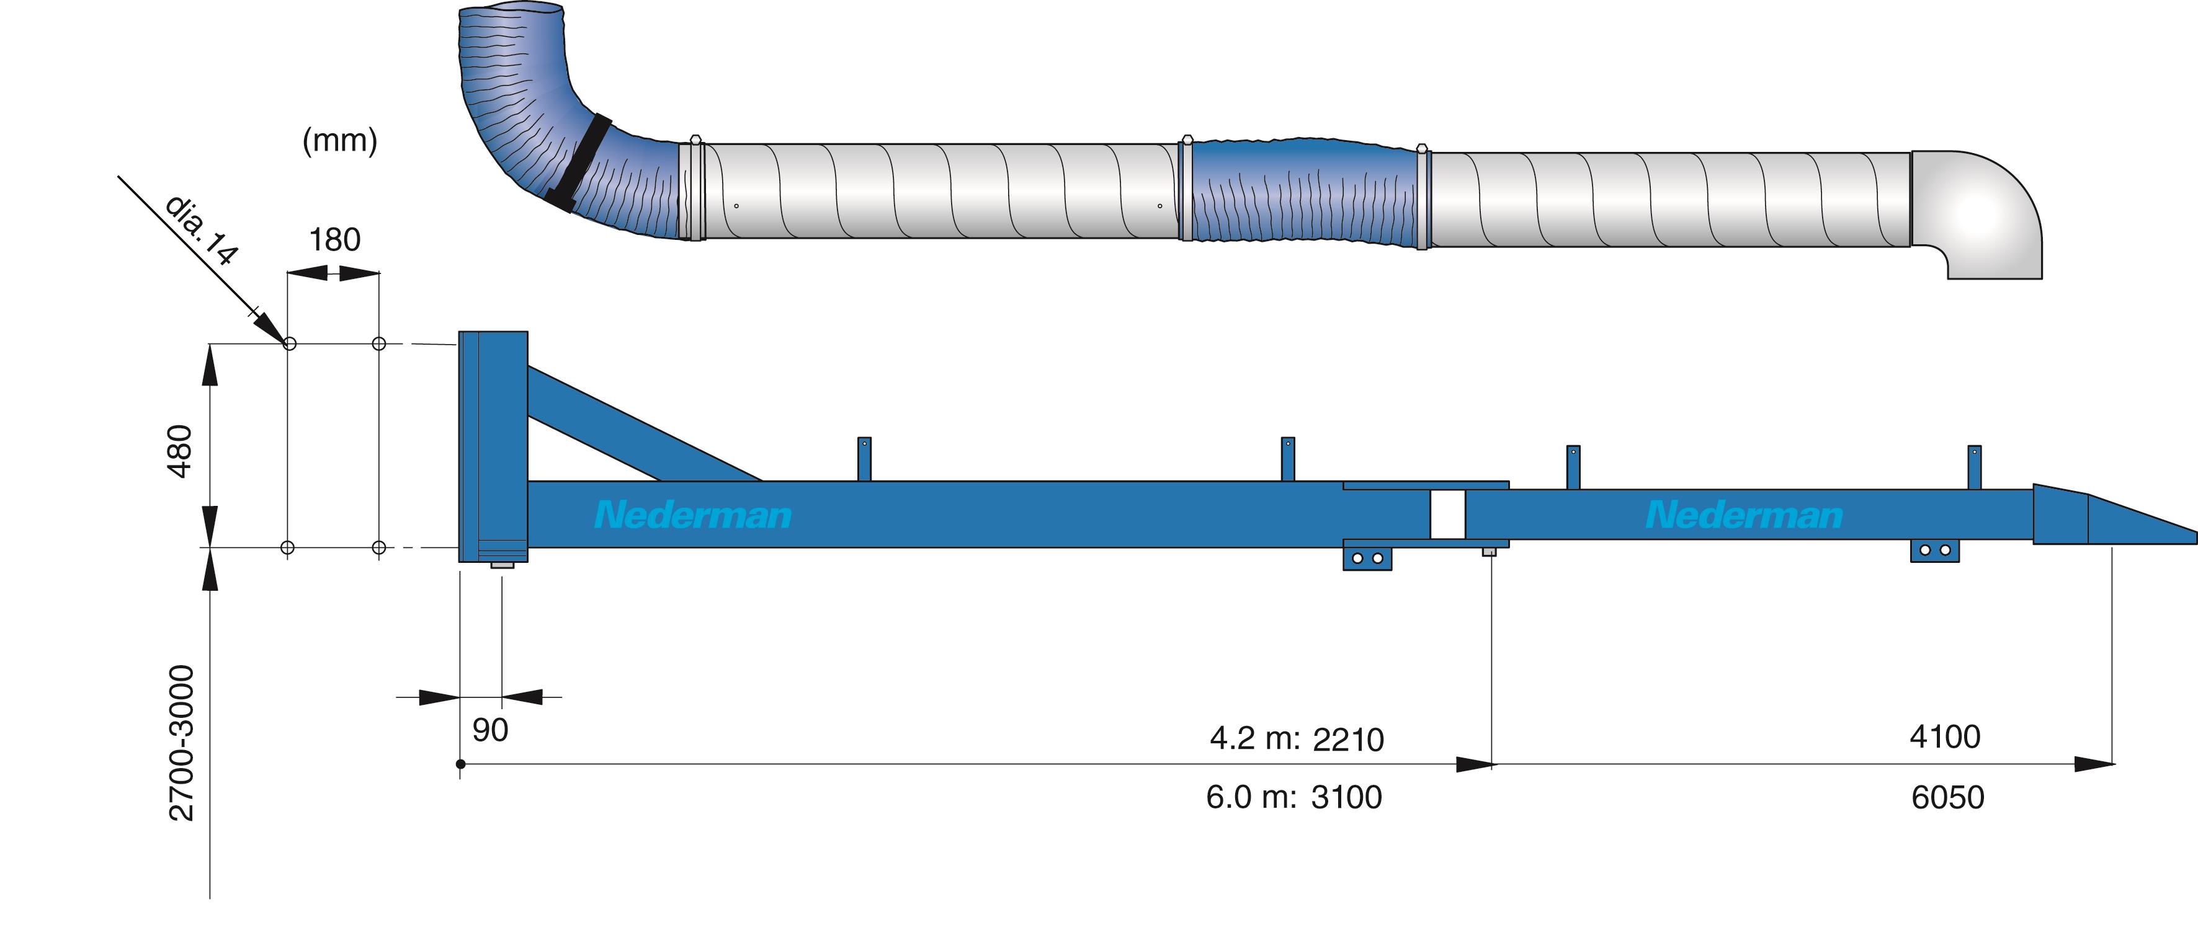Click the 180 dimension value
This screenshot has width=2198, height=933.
click(334, 241)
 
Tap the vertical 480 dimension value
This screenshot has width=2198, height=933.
click(180, 451)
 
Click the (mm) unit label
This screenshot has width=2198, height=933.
click(339, 141)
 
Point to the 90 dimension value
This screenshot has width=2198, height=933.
click(489, 730)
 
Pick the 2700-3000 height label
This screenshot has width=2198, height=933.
click(182, 743)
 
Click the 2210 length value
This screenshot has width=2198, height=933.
click(1348, 740)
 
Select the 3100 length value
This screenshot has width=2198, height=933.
click(1346, 797)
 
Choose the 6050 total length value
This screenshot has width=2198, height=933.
click(1947, 797)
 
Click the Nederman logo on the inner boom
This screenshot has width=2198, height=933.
click(693, 515)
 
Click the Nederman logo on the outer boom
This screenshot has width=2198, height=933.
click(1744, 515)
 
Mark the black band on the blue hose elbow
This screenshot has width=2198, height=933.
click(580, 162)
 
